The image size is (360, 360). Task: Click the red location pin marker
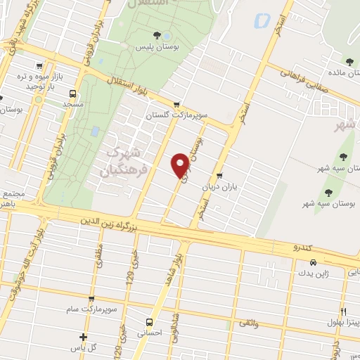coord(181,165)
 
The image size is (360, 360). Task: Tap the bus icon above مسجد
coord(72,93)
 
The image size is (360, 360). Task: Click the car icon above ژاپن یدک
coord(303,262)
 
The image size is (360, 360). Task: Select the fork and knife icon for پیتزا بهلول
coord(343,311)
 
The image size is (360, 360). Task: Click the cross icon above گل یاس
coord(84,337)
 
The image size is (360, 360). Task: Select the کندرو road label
coord(304,247)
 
